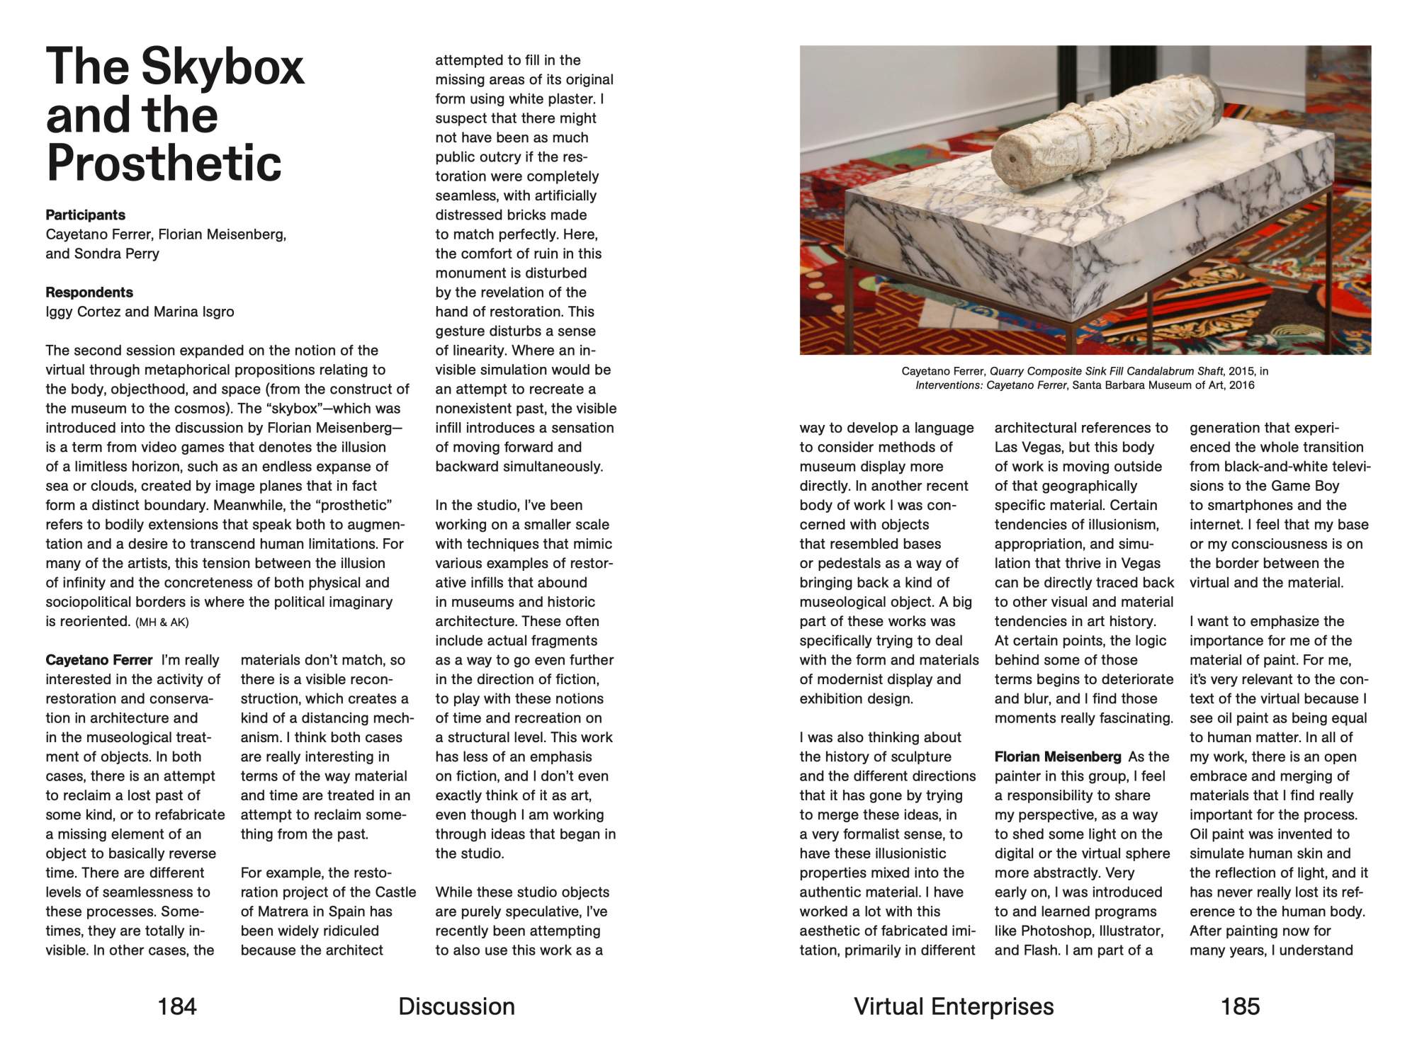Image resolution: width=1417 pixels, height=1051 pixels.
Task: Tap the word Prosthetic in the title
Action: (x=164, y=163)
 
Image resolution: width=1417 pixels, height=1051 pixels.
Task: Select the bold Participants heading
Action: (x=85, y=215)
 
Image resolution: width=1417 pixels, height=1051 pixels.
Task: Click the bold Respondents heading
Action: (x=89, y=292)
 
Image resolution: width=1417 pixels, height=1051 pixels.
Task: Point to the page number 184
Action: (x=176, y=1006)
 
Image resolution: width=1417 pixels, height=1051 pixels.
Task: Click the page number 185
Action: (x=1240, y=1006)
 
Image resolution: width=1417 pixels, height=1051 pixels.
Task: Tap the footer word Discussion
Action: (x=456, y=1006)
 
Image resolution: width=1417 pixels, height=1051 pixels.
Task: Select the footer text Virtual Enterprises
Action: (x=954, y=1006)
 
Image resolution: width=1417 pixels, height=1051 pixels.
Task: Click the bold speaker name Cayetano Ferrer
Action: (x=98, y=660)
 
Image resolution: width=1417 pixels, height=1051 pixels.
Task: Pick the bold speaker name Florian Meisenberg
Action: (x=1058, y=756)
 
